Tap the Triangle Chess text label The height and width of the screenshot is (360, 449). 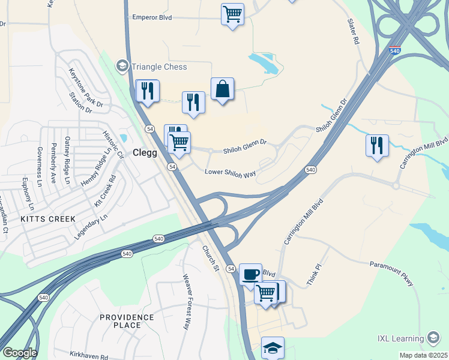(159, 67)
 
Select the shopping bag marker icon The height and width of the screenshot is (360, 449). (222, 89)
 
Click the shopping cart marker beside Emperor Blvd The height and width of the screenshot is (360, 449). (232, 14)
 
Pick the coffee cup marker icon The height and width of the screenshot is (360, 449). (250, 275)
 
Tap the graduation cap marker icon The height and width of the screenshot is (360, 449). (273, 347)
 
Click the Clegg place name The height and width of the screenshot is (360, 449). (145, 152)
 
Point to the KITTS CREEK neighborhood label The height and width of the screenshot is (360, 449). (48, 219)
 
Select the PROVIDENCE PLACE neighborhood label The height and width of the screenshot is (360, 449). (127, 321)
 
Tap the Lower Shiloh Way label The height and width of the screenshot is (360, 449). (231, 173)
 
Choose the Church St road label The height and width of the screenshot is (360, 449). (210, 257)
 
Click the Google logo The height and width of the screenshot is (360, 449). (19, 353)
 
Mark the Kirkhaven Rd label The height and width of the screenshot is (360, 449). (88, 355)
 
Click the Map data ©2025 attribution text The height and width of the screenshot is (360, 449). (423, 355)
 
